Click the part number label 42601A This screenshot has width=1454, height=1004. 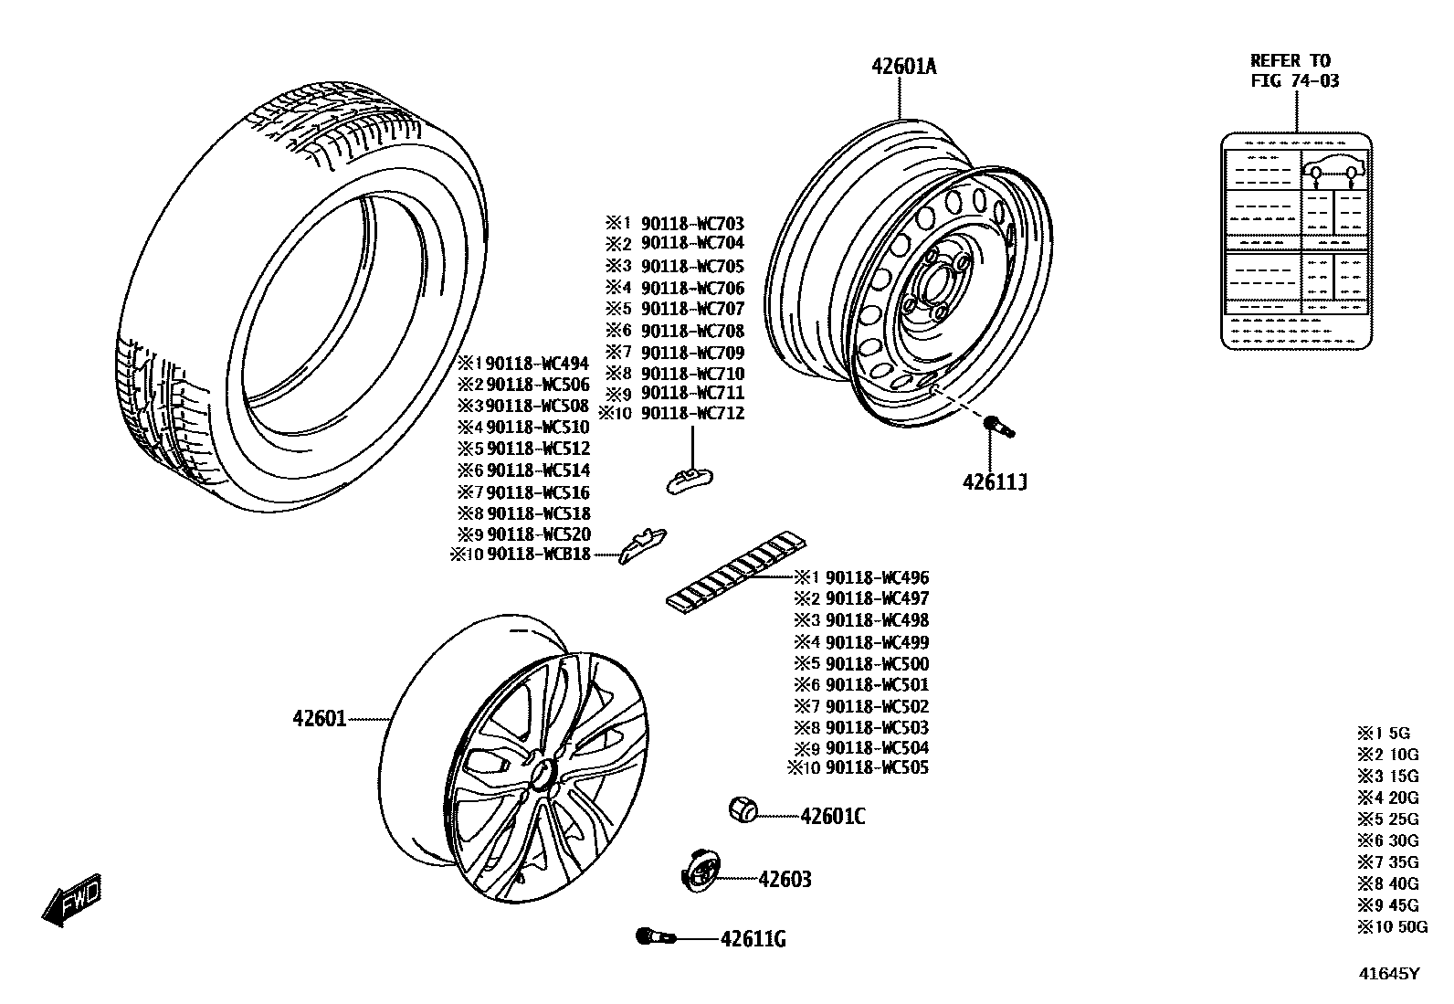tap(903, 66)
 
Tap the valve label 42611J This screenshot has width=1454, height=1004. tap(994, 482)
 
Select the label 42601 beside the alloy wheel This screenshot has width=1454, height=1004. tap(320, 719)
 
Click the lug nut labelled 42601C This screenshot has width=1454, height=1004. tap(743, 808)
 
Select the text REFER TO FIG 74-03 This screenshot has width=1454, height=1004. tap(1294, 70)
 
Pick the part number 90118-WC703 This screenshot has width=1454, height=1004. tap(692, 224)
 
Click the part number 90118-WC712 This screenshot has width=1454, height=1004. tap(692, 413)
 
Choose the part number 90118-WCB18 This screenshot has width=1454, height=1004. tap(538, 555)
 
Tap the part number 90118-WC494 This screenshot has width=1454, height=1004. tap(538, 363)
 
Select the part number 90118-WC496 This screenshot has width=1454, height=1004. tap(877, 577)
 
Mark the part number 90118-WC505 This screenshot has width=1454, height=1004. tap(877, 767)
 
